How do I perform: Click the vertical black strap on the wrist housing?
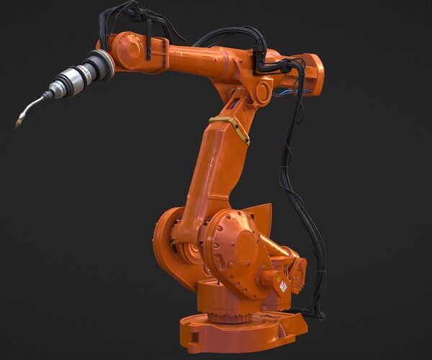tap(148, 48)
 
